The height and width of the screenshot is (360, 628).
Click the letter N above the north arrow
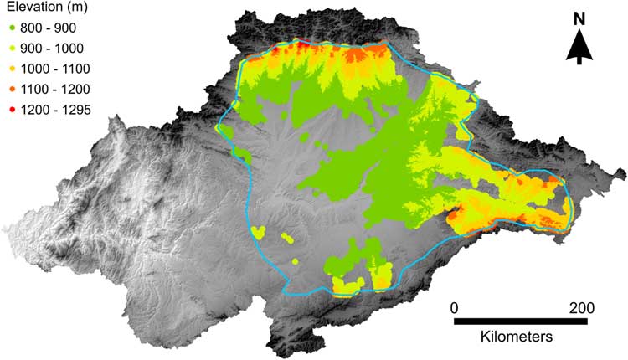pyautogui.click(x=579, y=18)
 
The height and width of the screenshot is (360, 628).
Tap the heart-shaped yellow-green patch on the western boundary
pyautogui.click(x=258, y=231)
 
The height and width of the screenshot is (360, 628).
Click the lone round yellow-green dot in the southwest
pyautogui.click(x=296, y=260)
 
